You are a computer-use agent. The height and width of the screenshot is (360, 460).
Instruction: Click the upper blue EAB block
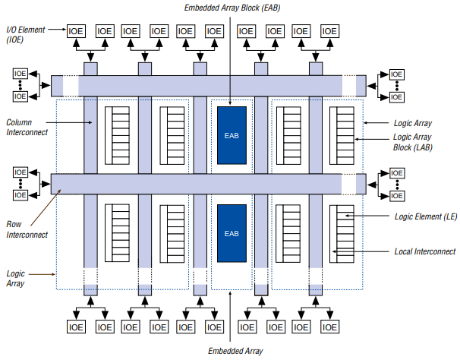232,135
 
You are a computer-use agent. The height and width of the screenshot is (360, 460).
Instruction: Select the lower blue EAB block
232,232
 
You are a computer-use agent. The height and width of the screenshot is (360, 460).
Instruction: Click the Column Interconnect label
27,127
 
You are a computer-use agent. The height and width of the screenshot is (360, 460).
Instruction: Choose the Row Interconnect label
27,229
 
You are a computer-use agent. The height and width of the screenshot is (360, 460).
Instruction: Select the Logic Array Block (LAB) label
413,142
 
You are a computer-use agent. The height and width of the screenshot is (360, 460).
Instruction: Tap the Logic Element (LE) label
426,216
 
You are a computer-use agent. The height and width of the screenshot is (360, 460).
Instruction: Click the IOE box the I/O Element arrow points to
76,31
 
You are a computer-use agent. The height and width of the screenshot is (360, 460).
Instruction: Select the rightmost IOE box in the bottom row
329,327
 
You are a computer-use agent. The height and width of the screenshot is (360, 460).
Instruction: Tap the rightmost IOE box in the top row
329,31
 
